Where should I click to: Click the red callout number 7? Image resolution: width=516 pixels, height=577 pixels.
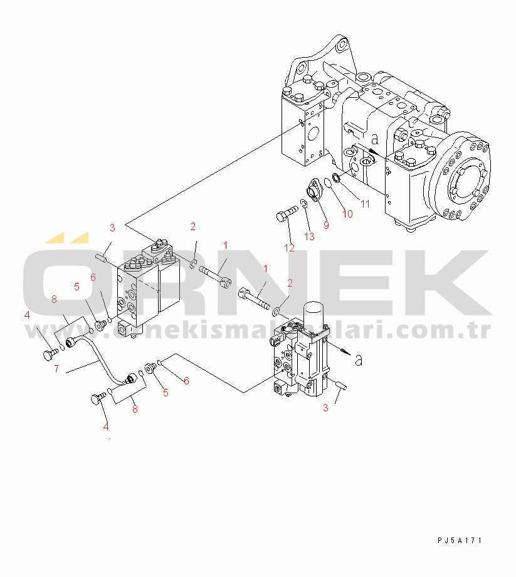coord(56,369)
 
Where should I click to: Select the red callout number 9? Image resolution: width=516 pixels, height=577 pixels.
coord(326,225)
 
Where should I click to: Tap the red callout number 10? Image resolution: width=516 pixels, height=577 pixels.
coord(347,214)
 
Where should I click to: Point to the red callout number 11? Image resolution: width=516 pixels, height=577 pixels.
coord(365,204)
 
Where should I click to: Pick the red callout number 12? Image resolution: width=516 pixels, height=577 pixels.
coord(290,248)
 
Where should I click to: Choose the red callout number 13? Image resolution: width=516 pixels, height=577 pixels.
coord(309,236)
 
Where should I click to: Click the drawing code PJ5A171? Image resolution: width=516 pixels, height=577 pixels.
coord(460,540)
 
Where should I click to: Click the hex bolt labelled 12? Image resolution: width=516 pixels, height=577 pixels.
coord(287,213)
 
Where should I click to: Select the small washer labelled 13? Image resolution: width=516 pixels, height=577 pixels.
coord(304,204)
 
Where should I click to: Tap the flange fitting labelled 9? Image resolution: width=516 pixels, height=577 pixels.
coord(314,189)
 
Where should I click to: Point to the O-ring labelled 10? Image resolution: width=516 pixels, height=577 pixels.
coord(328,183)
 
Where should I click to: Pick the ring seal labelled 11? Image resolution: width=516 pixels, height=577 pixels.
coord(336,179)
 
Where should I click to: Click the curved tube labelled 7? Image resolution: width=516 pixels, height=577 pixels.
coord(99,361)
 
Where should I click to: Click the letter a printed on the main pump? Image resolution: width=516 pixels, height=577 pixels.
coord(374,139)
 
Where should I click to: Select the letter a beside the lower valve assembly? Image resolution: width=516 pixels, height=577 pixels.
coord(359,360)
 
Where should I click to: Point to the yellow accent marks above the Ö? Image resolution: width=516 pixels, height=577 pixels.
coord(67,238)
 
